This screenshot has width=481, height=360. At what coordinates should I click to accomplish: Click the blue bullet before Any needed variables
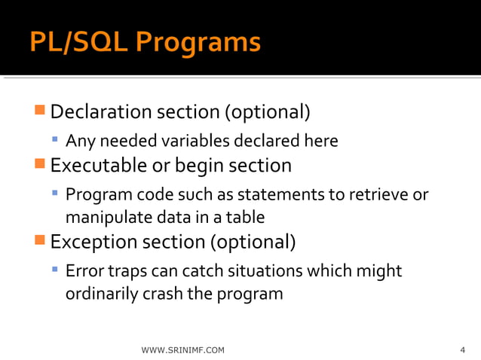pyautogui.click(x=55, y=140)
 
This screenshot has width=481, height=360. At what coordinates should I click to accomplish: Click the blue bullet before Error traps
pyautogui.click(x=55, y=270)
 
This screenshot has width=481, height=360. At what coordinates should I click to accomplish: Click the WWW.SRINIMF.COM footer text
pyautogui.click(x=182, y=350)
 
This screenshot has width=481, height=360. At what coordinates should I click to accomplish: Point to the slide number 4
pyautogui.click(x=462, y=350)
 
